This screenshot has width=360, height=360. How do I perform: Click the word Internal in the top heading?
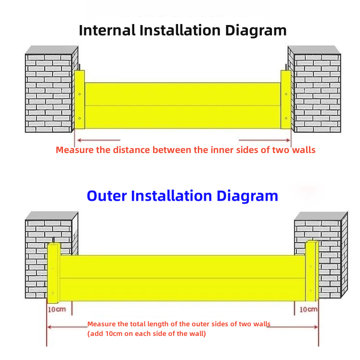(x=107, y=30)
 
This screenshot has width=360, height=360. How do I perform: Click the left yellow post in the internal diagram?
(x=79, y=100)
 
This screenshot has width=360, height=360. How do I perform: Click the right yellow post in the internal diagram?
(x=286, y=100)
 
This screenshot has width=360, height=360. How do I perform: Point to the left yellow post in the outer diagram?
(x=53, y=272)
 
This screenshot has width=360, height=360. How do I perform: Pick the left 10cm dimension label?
(x=56, y=309)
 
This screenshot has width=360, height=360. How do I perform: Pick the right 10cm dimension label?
(x=308, y=309)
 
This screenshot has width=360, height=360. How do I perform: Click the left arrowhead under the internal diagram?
(x=77, y=141)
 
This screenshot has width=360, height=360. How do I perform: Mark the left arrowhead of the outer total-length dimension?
(x=49, y=327)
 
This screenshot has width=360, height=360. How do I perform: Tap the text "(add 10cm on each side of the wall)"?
(x=146, y=334)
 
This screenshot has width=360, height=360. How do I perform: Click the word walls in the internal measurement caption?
(x=303, y=150)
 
